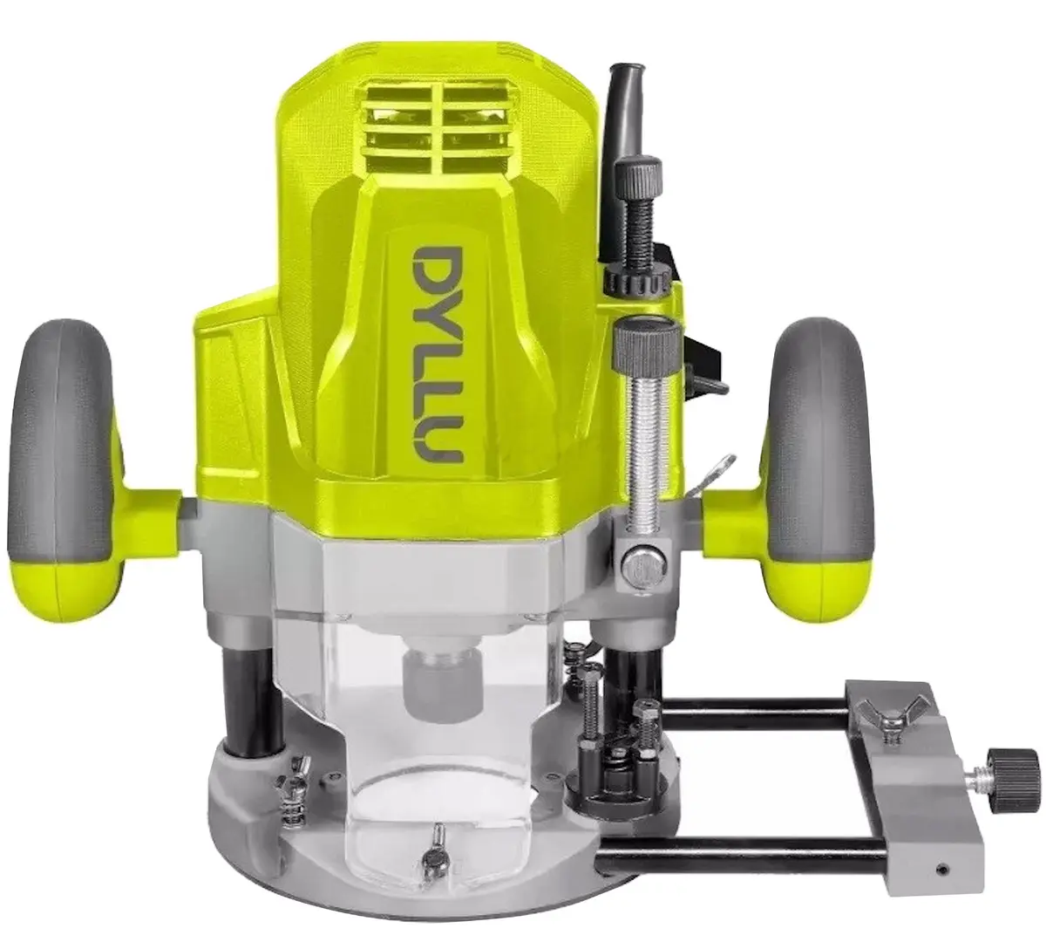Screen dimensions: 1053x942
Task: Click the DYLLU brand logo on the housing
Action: (436, 355)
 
